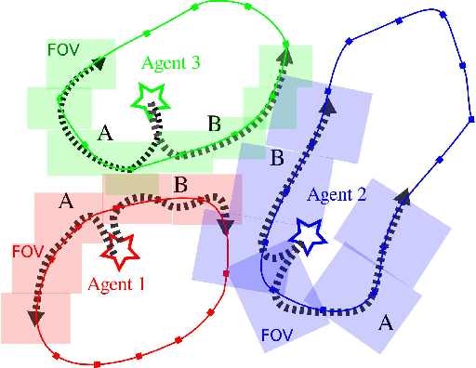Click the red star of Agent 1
118,247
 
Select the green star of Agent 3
148,96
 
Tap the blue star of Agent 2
307,232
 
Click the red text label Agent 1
117,285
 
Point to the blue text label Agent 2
337,194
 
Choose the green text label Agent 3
172,63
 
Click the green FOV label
63,47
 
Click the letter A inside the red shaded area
65,200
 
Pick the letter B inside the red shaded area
181,185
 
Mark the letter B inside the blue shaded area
276,158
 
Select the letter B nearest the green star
213,123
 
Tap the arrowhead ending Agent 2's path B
328,105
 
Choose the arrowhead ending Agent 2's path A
403,196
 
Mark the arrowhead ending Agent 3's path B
283,54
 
